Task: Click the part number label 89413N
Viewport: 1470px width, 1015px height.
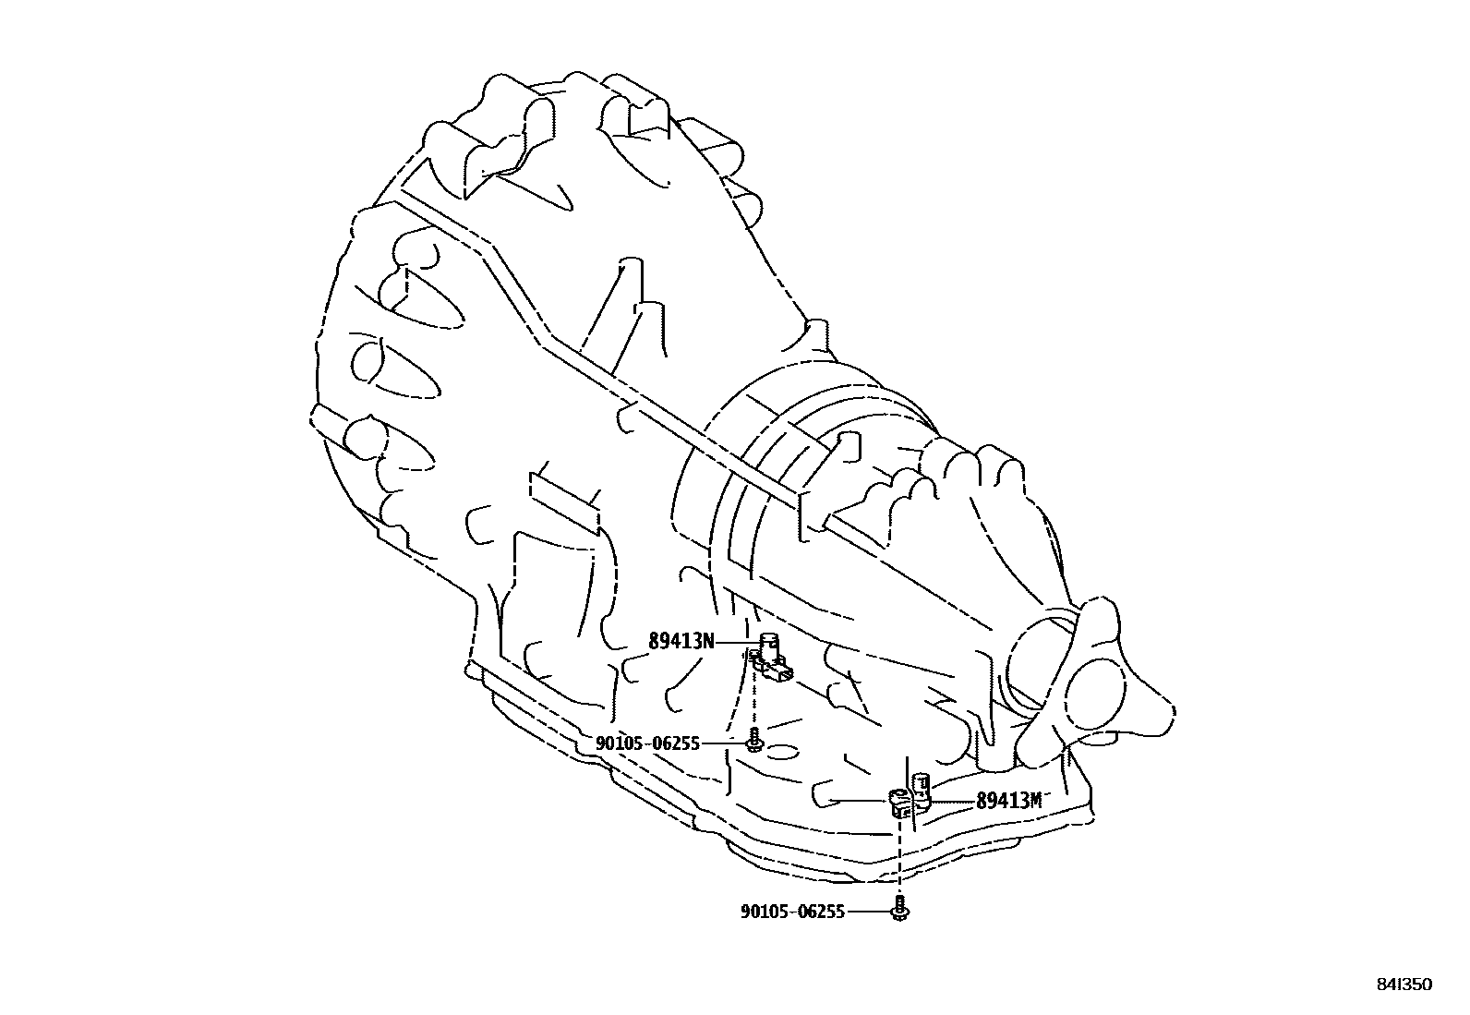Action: tap(681, 641)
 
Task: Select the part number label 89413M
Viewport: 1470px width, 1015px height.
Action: tap(1008, 801)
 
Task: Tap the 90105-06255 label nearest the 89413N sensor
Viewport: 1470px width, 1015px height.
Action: tap(647, 743)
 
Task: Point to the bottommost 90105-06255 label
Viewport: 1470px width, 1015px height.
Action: tap(792, 912)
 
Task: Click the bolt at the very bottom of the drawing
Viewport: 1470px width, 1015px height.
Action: tap(899, 911)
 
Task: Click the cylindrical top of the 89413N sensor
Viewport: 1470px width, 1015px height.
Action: tap(768, 640)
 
